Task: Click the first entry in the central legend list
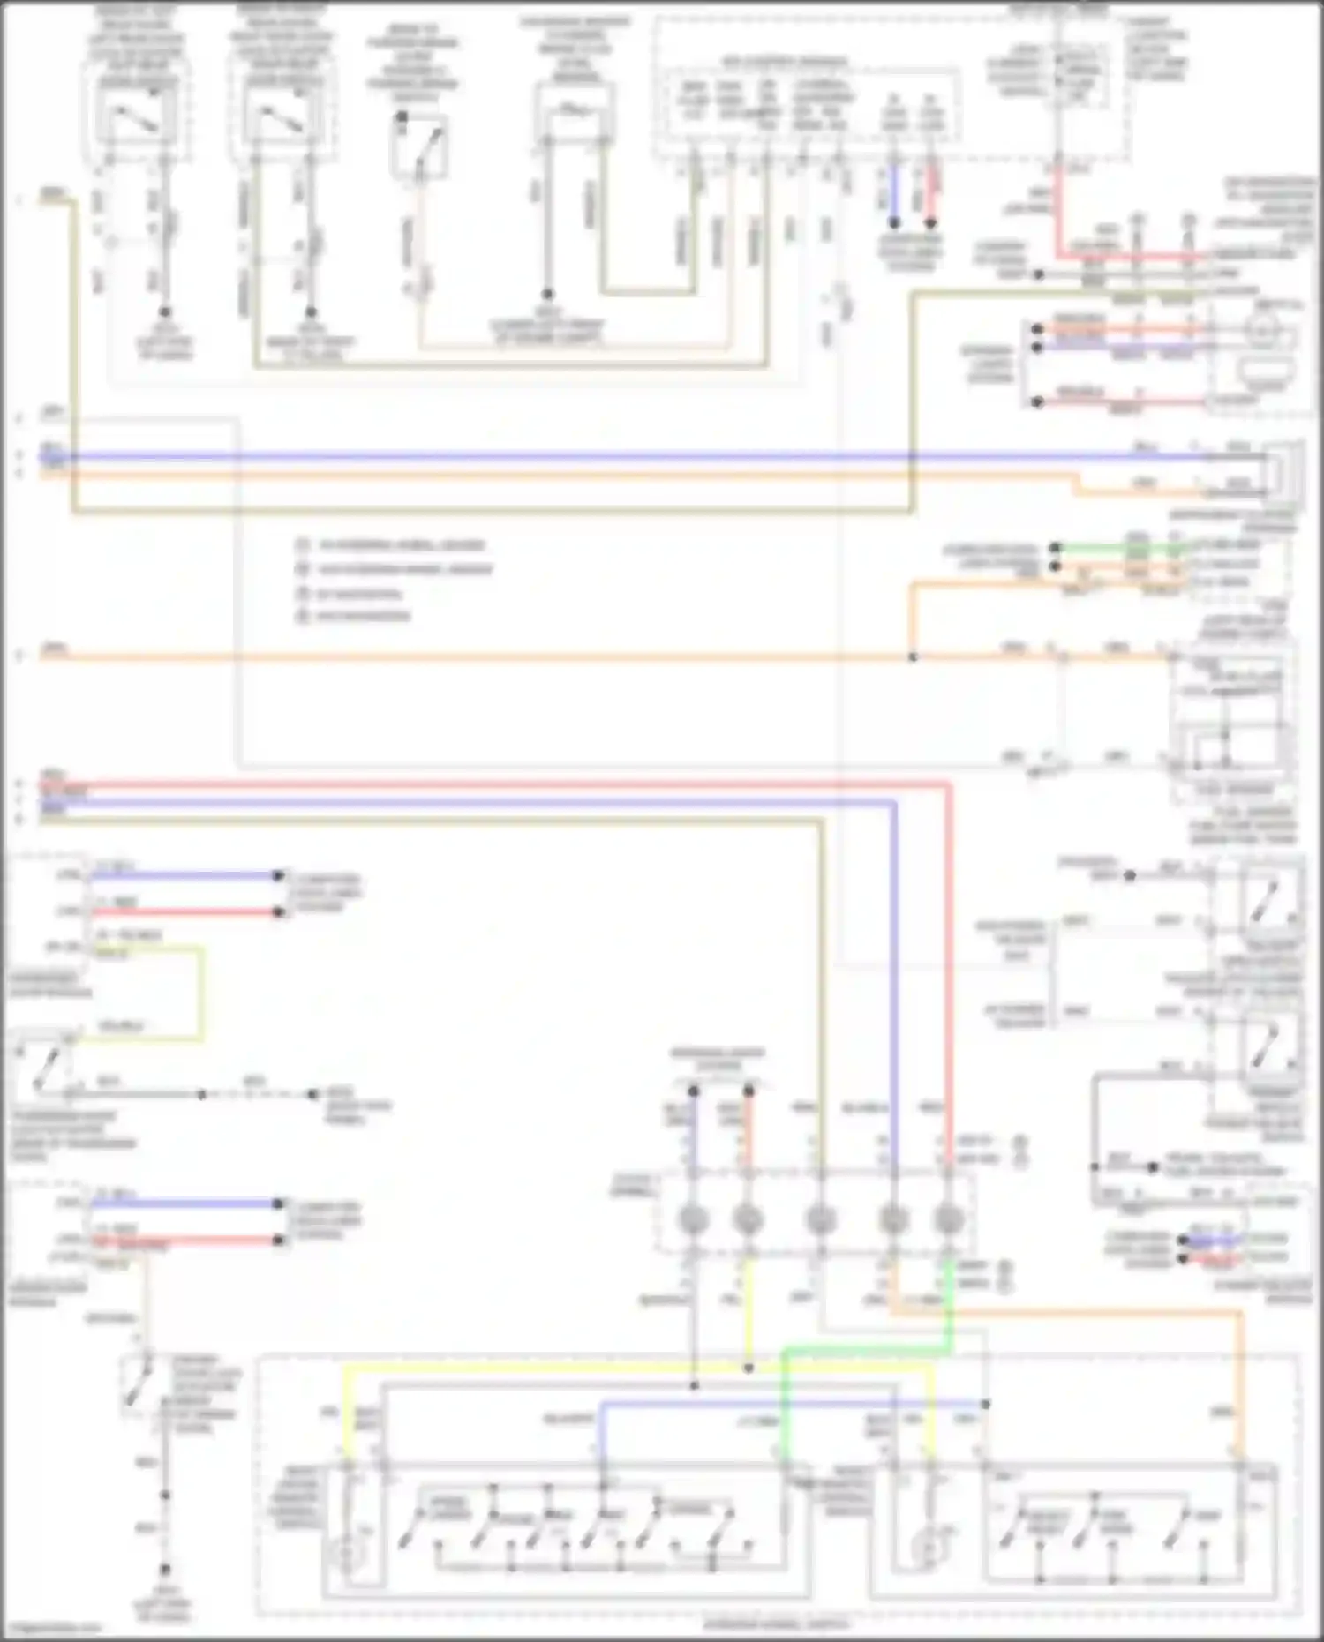(x=397, y=546)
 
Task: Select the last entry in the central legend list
(x=362, y=616)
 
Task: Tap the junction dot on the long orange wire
(x=913, y=657)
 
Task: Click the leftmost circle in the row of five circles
(x=693, y=1220)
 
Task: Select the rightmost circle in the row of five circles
(x=948, y=1220)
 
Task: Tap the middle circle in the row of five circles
(x=821, y=1220)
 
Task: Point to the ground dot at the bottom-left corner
(x=164, y=1570)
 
